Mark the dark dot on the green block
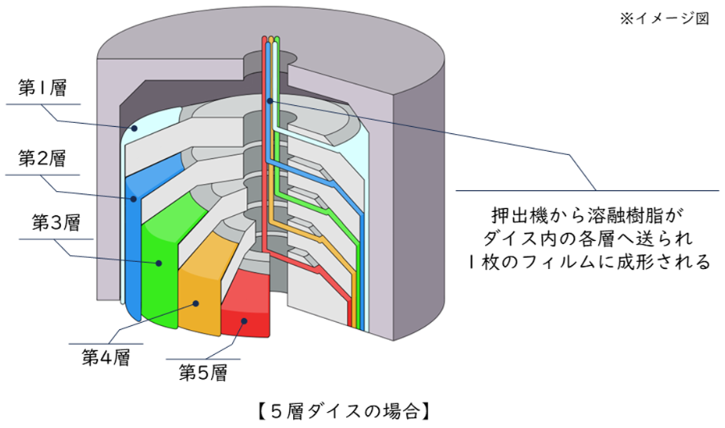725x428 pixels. point(160,262)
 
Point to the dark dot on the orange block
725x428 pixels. point(194,304)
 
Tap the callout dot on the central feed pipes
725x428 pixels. point(270,100)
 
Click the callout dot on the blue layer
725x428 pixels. point(128,197)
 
